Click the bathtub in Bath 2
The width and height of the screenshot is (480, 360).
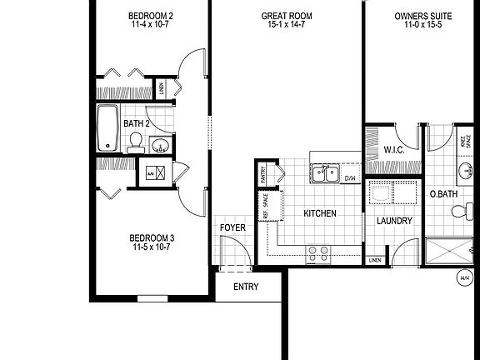(x=107, y=128)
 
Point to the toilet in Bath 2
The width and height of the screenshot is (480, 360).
(x=134, y=144)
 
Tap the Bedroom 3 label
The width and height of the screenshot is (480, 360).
(x=152, y=242)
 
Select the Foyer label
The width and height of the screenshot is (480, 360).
(x=232, y=227)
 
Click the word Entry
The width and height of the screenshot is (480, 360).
(x=246, y=287)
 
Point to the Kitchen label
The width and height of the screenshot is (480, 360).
(x=319, y=213)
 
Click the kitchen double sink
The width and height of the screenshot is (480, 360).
(x=324, y=173)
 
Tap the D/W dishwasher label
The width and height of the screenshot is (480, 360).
(x=350, y=177)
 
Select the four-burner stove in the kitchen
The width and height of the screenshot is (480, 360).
(x=317, y=252)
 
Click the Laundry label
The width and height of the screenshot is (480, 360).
(x=394, y=221)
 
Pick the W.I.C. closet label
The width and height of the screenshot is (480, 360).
(x=393, y=150)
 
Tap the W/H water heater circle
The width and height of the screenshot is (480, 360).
(x=463, y=277)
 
